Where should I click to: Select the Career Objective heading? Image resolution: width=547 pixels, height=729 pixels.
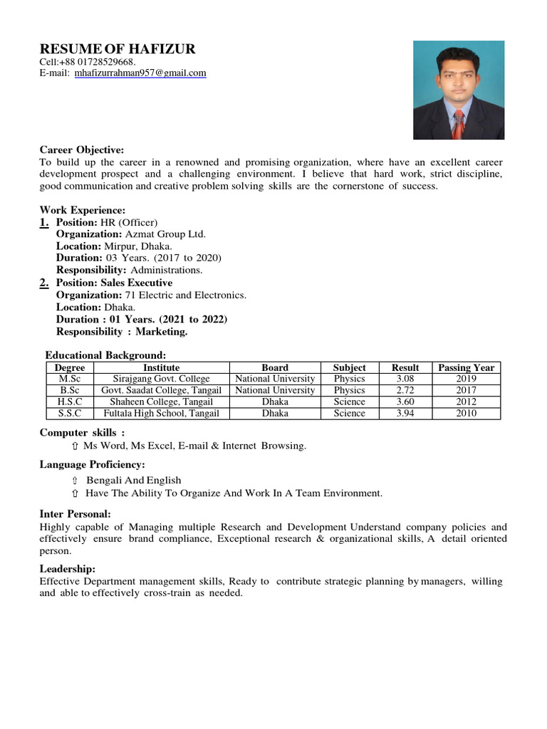(82, 150)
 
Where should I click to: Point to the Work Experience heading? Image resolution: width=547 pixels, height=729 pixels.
(83, 211)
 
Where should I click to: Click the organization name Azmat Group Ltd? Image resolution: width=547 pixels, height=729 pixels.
(165, 234)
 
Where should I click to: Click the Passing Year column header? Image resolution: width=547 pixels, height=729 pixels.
(466, 367)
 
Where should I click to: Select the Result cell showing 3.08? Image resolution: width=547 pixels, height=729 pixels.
(405, 379)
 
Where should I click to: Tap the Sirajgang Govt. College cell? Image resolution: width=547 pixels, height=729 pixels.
(162, 379)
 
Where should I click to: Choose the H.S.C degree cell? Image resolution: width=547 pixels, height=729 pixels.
(70, 402)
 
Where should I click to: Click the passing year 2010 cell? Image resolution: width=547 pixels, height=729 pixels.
(466, 413)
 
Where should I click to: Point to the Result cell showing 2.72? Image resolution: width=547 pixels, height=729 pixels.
(405, 390)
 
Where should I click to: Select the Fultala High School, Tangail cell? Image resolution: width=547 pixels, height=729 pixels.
(162, 413)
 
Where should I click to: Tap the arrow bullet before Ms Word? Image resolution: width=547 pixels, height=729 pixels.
(75, 446)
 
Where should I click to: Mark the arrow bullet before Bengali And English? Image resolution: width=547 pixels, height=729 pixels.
(75, 481)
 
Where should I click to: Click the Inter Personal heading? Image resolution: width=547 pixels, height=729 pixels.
(75, 514)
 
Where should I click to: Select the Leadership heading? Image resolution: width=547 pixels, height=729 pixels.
(68, 569)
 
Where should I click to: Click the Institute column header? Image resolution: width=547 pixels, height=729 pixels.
(162, 367)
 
